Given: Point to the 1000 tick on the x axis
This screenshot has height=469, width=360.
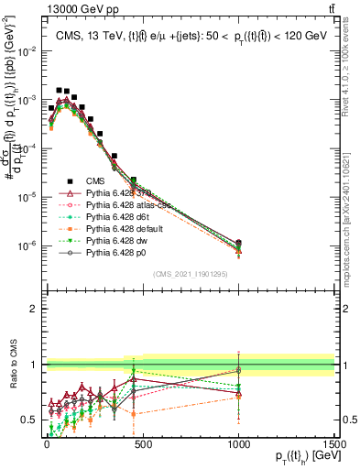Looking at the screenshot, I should pyautogui.click(x=238, y=435).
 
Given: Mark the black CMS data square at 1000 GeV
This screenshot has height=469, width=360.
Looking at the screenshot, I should pyautogui.click(x=238, y=243).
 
